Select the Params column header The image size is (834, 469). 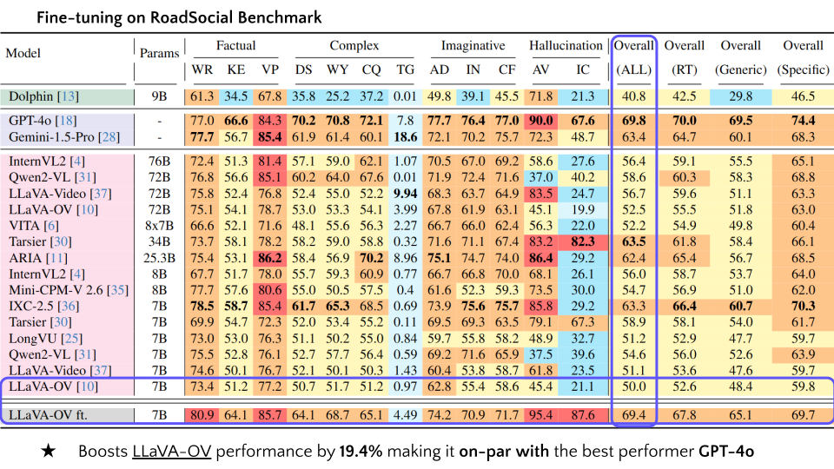click(x=159, y=52)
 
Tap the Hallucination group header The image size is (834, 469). click(x=566, y=46)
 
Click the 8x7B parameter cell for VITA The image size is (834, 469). click(x=159, y=225)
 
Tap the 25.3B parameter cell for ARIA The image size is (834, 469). click(x=159, y=258)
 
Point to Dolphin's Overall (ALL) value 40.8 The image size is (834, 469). click(x=634, y=96)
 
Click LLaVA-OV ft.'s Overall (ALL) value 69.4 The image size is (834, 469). click(x=634, y=414)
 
